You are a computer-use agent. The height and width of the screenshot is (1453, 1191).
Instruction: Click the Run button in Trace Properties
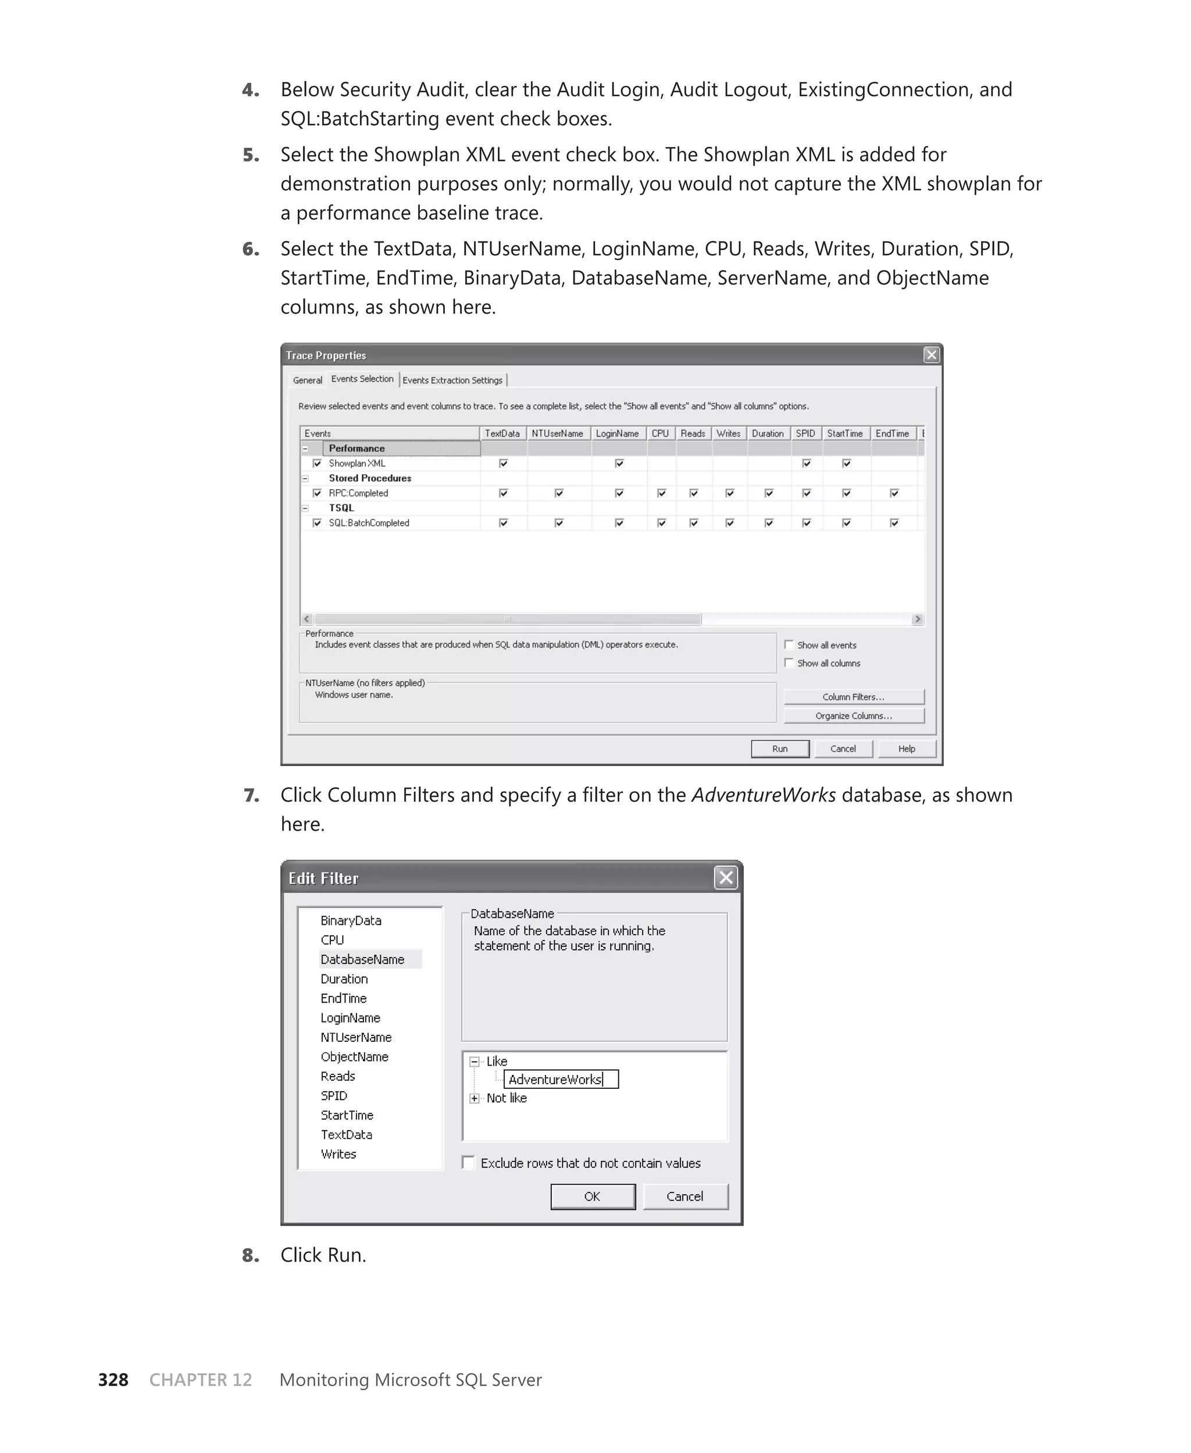pyautogui.click(x=779, y=749)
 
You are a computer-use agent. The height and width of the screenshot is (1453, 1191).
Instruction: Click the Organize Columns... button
pyautogui.click(x=854, y=715)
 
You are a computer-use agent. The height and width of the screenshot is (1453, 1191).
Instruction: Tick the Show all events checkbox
pyautogui.click(x=789, y=645)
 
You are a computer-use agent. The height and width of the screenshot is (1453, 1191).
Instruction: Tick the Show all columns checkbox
pyautogui.click(x=789, y=663)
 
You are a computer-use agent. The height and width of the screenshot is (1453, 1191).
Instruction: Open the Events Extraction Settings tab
pyautogui.click(x=452, y=380)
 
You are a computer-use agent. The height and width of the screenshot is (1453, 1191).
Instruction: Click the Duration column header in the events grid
pyautogui.click(x=767, y=433)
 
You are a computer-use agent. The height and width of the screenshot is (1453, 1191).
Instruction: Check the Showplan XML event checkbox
pyautogui.click(x=317, y=463)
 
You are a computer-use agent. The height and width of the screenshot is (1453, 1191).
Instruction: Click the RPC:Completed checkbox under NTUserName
pyautogui.click(x=558, y=493)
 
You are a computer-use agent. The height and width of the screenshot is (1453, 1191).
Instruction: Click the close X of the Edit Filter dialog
pyautogui.click(x=725, y=877)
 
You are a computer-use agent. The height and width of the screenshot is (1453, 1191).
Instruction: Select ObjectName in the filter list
pyautogui.click(x=354, y=1056)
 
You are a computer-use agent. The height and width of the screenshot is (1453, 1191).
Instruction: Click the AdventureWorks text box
pyautogui.click(x=560, y=1079)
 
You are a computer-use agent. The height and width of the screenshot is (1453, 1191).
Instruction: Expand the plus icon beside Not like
pyautogui.click(x=474, y=1098)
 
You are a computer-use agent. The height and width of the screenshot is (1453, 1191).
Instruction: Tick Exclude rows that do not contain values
pyautogui.click(x=469, y=1162)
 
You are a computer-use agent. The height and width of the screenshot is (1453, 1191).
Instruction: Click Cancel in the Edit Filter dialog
pyautogui.click(x=684, y=1196)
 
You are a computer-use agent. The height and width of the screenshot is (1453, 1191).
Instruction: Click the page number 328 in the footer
pyautogui.click(x=113, y=1380)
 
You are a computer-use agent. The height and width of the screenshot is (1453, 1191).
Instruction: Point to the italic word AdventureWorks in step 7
pyautogui.click(x=763, y=795)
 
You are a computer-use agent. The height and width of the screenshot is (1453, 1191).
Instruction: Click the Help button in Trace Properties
pyautogui.click(x=906, y=749)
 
